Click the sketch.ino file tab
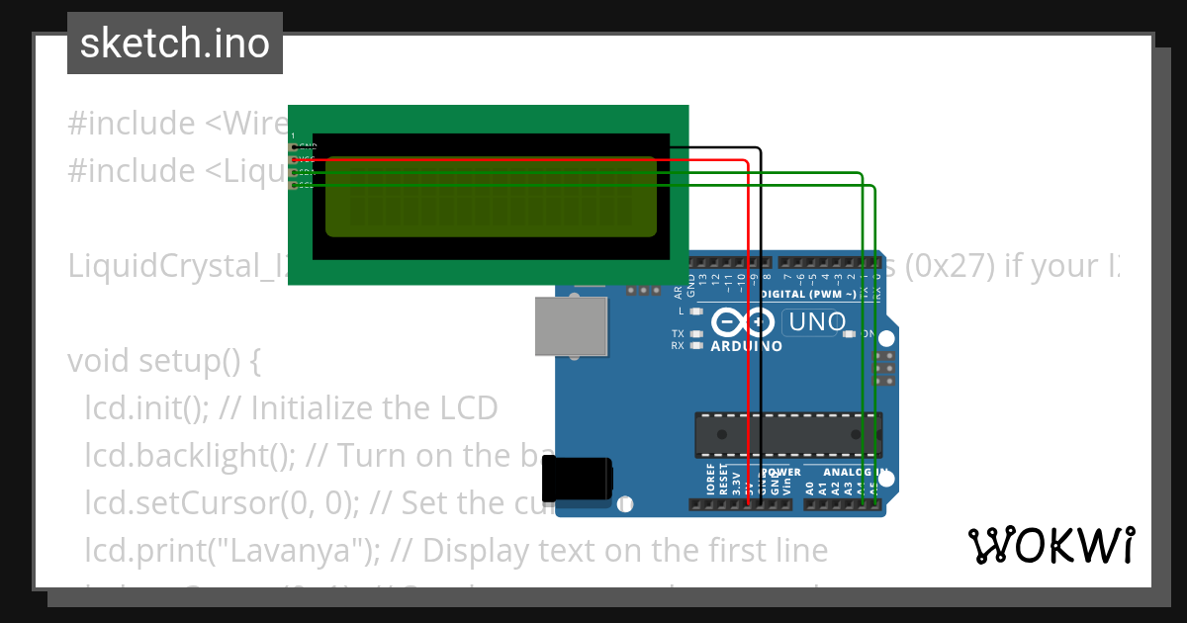point(175,44)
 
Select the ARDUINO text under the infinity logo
point(747,347)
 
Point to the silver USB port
point(571,325)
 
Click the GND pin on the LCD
point(294,146)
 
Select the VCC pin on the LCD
point(294,159)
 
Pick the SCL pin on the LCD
point(294,185)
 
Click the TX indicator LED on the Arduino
point(697,334)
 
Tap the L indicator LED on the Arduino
point(697,311)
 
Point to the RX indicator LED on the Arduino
point(697,346)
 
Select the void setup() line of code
point(163,361)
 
